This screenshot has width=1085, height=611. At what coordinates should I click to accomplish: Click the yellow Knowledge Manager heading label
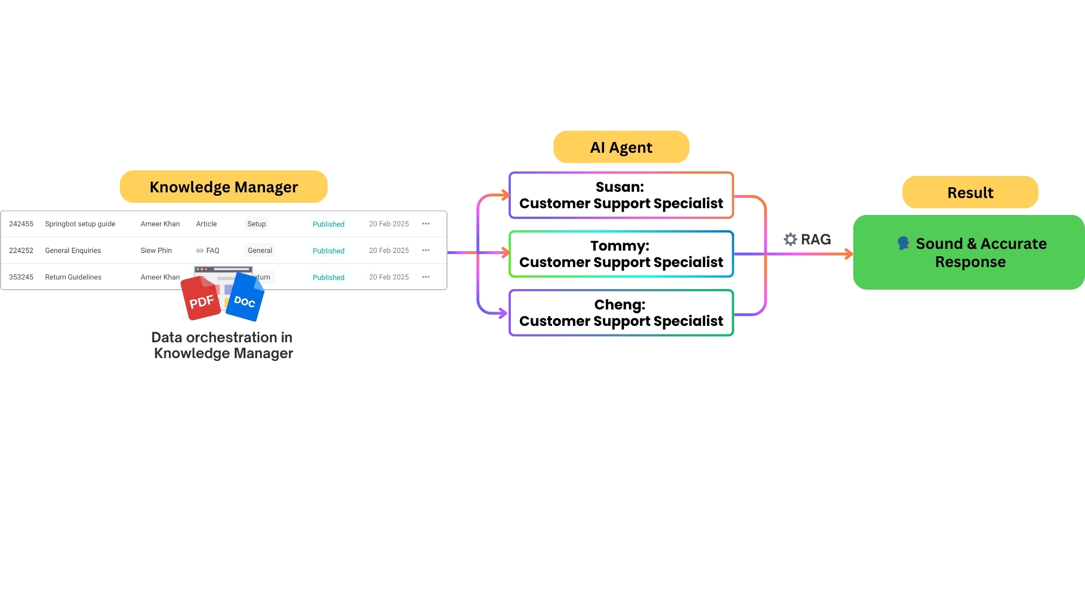click(x=223, y=187)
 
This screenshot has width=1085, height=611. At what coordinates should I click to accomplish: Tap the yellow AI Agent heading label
click(x=620, y=147)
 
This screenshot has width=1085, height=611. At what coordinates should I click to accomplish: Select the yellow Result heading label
click(x=970, y=192)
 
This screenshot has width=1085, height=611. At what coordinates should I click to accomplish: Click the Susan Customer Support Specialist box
click(x=620, y=195)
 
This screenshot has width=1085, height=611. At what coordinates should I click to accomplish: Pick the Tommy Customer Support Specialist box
click(x=620, y=254)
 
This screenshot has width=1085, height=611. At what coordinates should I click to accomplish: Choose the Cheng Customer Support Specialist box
click(x=620, y=313)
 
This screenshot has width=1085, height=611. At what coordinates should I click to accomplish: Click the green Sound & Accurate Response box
click(x=969, y=252)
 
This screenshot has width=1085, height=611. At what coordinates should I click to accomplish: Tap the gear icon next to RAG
click(x=790, y=239)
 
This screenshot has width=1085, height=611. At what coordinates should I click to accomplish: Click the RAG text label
click(x=815, y=239)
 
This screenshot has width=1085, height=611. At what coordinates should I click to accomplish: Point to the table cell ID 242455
click(x=21, y=224)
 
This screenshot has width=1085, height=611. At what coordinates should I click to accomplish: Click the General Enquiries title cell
click(x=73, y=251)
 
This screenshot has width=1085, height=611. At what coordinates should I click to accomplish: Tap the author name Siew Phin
click(x=156, y=251)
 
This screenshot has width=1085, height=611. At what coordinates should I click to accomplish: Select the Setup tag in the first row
click(x=256, y=224)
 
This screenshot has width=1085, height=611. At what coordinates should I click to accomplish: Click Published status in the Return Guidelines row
click(x=328, y=277)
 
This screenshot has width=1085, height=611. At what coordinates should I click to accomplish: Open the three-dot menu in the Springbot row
click(x=426, y=224)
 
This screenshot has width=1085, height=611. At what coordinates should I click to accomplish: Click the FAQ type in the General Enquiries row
click(x=212, y=251)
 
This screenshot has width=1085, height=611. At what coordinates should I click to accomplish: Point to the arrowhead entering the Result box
click(x=848, y=254)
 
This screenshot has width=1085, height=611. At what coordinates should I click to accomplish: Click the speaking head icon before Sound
click(x=904, y=243)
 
